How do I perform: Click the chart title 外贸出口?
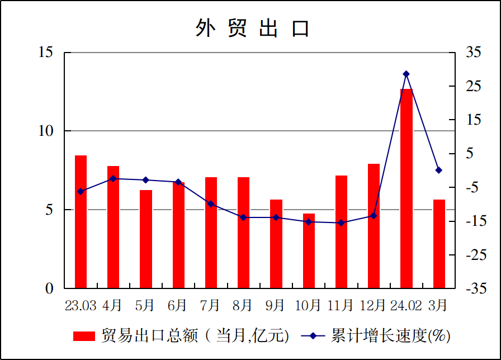pos(252,28)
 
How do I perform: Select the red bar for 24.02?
pos(406,188)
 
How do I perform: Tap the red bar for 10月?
pos(309,250)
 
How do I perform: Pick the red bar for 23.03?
pos(81,222)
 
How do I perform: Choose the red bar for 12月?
pos(374,226)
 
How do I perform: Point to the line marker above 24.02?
pos(407,74)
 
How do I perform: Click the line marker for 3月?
pos(439,170)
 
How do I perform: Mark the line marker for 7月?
pos(211,204)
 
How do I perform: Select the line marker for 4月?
pos(113,179)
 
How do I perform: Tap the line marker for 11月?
pos(341,223)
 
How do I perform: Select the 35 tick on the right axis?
pos(473,53)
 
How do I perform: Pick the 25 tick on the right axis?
pos(473,86)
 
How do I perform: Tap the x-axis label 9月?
pos(276,305)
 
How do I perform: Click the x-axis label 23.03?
pos(81,305)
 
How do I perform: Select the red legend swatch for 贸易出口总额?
pos(84,336)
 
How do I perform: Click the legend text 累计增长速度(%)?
pos(391,336)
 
